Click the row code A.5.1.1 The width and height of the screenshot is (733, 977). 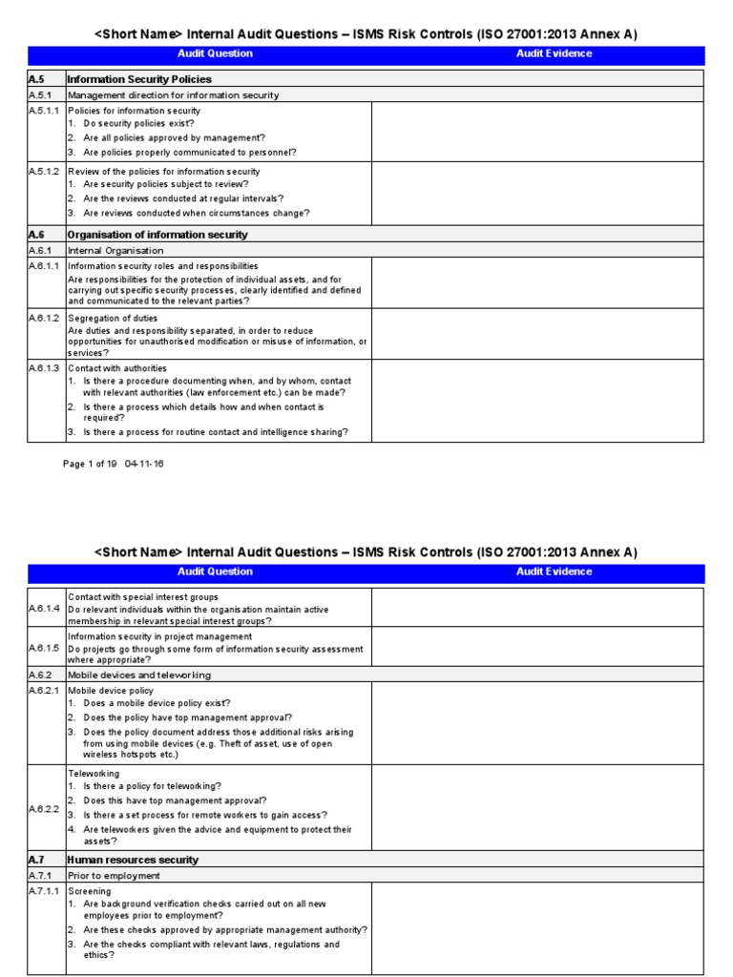pos(44,111)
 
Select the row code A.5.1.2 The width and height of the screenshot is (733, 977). pos(44,172)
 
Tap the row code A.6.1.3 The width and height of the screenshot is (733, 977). pos(44,368)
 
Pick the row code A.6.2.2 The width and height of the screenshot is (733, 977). pos(44,808)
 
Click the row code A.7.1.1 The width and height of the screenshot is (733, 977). pos(44,891)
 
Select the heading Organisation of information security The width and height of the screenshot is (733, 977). pos(157,235)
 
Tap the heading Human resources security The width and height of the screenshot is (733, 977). pos(133,860)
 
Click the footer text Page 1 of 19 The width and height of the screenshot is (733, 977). pos(90,464)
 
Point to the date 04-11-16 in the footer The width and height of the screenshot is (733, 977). pos(144,464)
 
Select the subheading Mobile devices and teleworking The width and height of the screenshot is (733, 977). pos(139,675)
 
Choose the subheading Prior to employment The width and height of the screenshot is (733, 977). pos(107,875)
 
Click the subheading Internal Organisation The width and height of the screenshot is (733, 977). pos(115,251)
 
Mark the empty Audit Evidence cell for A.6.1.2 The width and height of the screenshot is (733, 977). pos(537,334)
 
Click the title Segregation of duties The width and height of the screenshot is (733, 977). pos(113,318)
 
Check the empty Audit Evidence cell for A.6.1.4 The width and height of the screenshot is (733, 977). pos(537,608)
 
